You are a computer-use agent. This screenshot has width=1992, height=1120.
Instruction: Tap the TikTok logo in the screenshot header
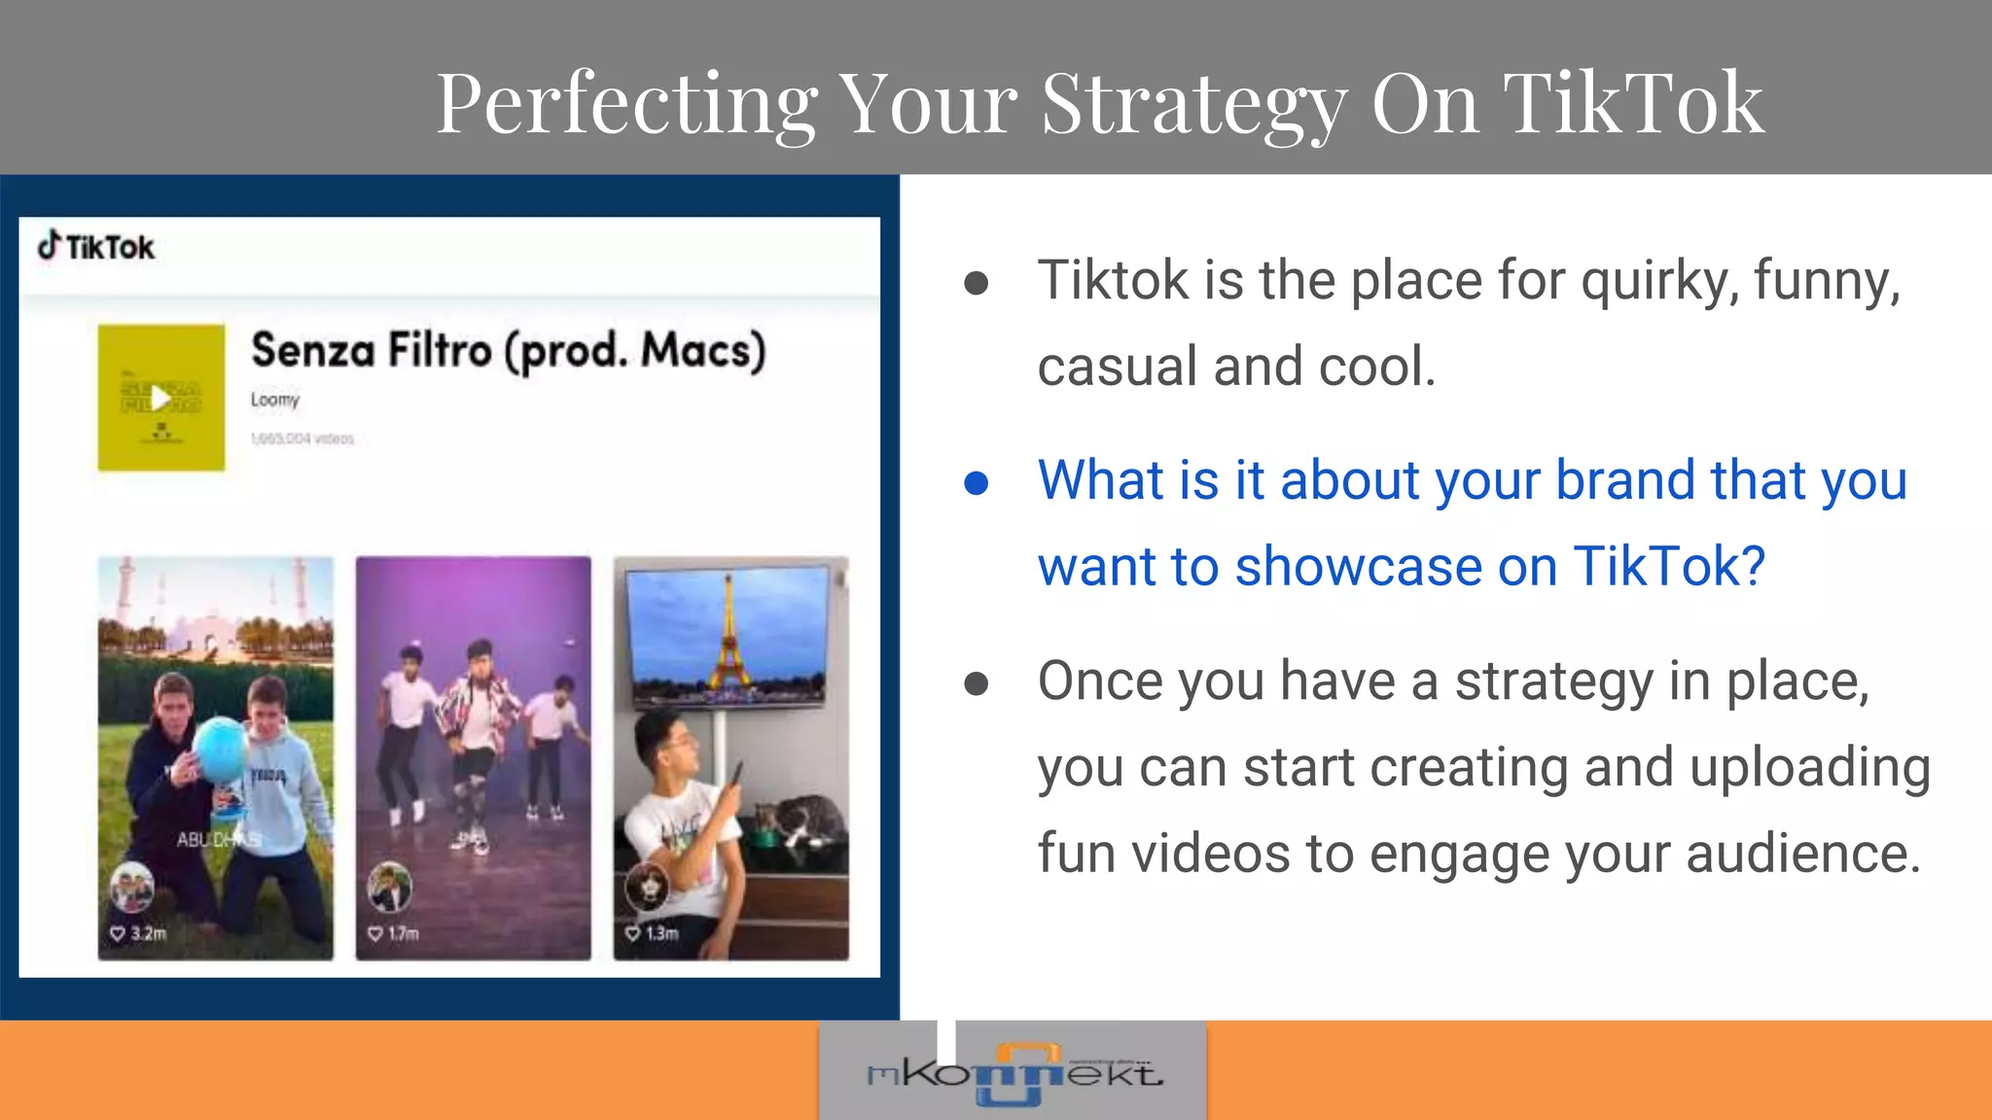[x=96, y=247]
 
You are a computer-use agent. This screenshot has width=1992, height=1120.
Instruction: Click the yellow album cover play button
[x=160, y=398]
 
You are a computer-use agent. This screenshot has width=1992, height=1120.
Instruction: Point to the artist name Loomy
[x=275, y=400]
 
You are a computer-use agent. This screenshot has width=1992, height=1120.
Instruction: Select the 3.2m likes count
[x=148, y=933]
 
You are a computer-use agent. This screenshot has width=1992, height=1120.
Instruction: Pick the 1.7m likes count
[x=403, y=933]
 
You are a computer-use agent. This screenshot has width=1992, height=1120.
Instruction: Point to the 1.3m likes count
[x=661, y=933]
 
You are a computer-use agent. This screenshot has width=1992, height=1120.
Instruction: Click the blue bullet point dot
[x=976, y=483]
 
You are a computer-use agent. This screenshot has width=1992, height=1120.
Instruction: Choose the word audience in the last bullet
[x=1803, y=855]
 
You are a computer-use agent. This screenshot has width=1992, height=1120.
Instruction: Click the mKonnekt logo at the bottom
[x=1014, y=1073]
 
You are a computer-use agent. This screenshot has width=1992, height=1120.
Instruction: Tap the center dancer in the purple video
[x=476, y=719]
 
